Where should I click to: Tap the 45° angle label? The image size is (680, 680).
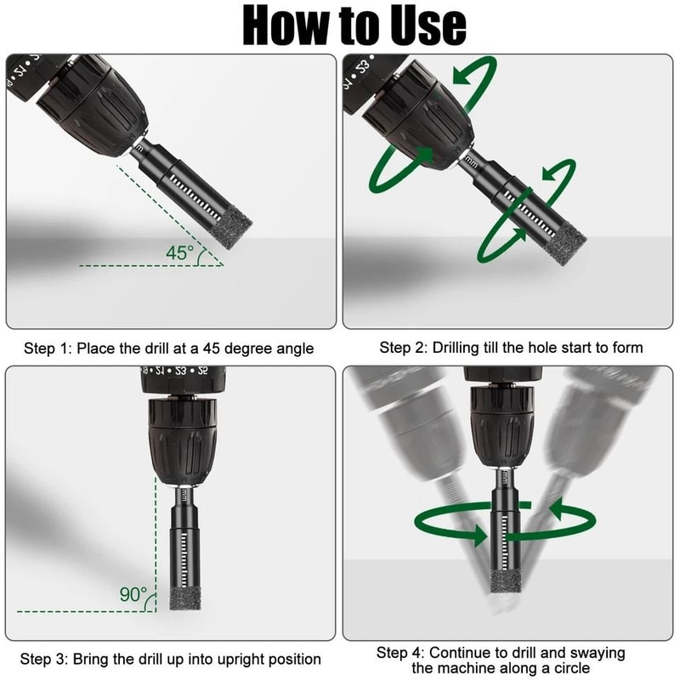coord(180,253)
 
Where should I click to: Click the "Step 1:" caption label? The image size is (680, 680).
coord(42,348)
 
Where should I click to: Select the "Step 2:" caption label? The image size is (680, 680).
coord(402,348)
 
